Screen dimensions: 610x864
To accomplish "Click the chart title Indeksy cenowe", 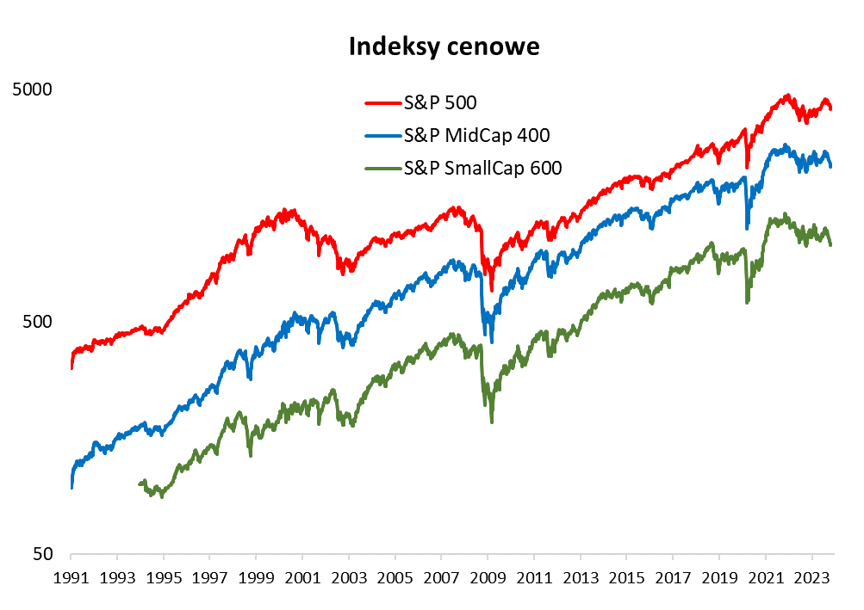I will pos(444,46).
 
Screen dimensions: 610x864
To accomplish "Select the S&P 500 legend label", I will pos(440,103).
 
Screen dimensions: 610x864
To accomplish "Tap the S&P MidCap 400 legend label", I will pos(476,135).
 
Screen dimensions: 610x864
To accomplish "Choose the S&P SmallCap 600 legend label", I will pos(482,168).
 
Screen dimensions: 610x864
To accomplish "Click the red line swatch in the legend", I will pos(382,103).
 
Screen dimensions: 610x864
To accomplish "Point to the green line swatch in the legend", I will pos(382,168).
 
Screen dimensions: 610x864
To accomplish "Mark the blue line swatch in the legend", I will pos(382,135).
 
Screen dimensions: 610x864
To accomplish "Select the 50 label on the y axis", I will pos(43,555).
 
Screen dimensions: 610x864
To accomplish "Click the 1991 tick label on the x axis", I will pos(71,576).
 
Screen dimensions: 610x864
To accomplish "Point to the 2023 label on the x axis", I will pos(812,576).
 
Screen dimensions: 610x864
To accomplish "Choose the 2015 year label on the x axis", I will pos(627,576).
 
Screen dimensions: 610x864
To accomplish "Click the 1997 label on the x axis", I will pos(209,576).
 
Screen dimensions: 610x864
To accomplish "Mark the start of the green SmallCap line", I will pos(140,484).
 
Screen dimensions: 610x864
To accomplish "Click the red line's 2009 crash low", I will pos(492,290).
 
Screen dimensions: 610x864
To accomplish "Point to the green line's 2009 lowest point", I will pos(492,421).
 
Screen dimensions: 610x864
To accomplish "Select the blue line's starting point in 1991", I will pos(71,487).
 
